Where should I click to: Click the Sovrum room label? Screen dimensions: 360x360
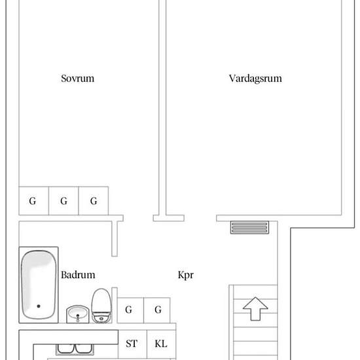[x=77, y=79]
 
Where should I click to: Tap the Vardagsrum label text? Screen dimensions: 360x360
[x=255, y=79]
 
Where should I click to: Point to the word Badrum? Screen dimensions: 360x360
[x=79, y=275]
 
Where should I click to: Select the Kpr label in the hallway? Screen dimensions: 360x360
[x=186, y=275]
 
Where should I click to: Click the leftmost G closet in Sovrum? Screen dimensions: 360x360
[x=33, y=201]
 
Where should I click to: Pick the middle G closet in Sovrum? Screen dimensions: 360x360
[x=63, y=201]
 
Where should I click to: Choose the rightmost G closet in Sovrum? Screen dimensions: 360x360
[x=94, y=201]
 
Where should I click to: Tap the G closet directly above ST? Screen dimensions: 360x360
[x=129, y=310]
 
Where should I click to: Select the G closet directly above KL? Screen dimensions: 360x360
[x=158, y=310]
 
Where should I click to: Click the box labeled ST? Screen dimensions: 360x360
[x=131, y=343]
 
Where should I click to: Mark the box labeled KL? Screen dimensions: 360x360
[x=160, y=343]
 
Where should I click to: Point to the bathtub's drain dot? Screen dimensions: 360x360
[x=39, y=306]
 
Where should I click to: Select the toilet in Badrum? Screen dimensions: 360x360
[x=101, y=306]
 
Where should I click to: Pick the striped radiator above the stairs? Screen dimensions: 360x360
[x=249, y=227]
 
